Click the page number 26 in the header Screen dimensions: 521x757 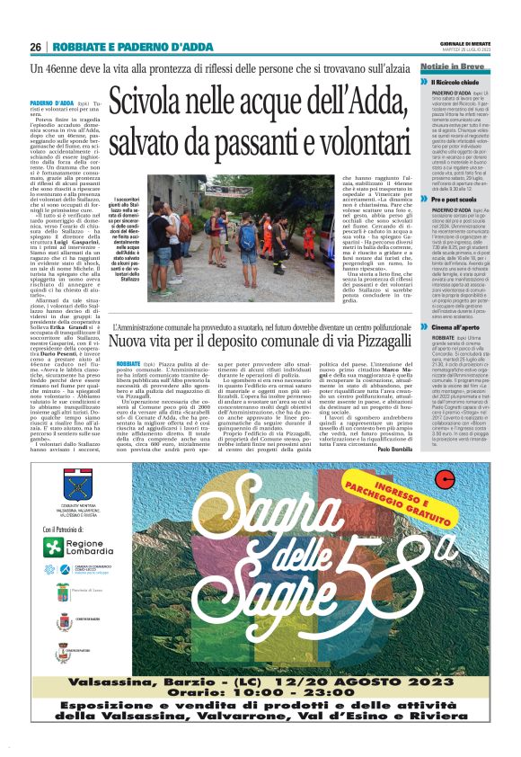point(36,47)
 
